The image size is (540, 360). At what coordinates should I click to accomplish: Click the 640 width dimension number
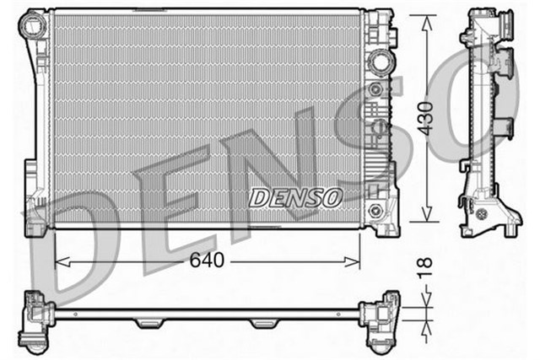(208, 261)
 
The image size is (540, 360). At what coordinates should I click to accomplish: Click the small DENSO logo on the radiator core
(296, 197)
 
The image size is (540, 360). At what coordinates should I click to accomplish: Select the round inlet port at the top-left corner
(36, 24)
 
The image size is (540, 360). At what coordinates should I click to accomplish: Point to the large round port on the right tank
(379, 61)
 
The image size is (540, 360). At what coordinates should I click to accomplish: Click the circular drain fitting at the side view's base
(483, 213)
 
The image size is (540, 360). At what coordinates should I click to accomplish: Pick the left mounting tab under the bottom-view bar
(148, 323)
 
